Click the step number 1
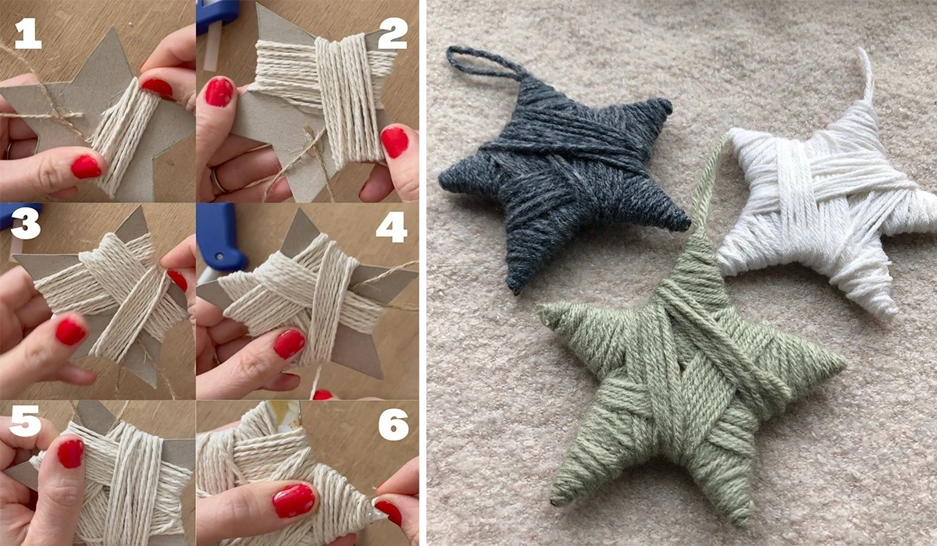[x=28, y=34]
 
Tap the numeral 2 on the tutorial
[x=392, y=34]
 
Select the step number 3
[x=26, y=224]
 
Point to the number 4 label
[x=391, y=227]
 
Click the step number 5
[x=25, y=421]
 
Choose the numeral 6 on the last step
[x=394, y=424]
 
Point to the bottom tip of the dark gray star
[x=515, y=289]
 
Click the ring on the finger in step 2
[x=217, y=179]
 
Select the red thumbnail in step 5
[x=70, y=453]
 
